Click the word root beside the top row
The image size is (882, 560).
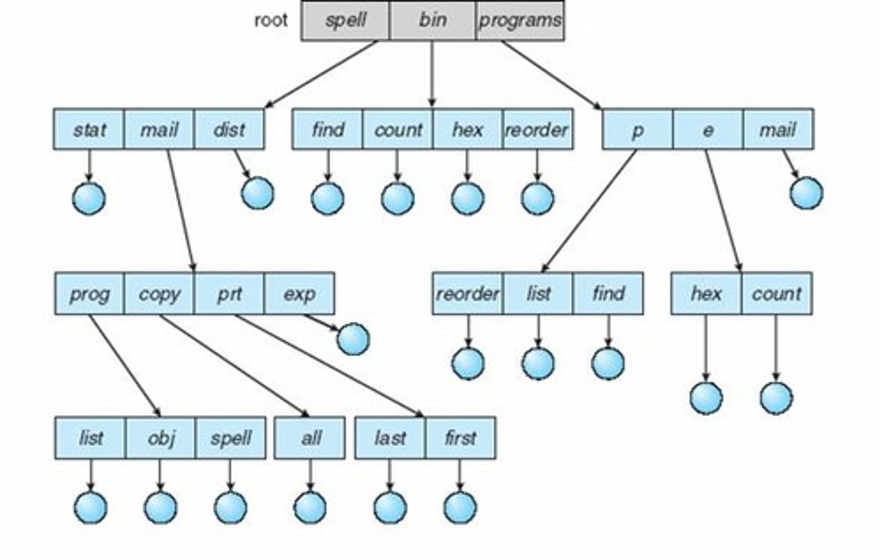pyautogui.click(x=271, y=20)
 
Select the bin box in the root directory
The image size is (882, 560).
pyautogui.click(x=432, y=20)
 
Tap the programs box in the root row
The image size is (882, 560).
pyautogui.click(x=520, y=20)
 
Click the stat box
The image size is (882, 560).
pyautogui.click(x=89, y=129)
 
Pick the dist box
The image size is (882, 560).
pyautogui.click(x=229, y=129)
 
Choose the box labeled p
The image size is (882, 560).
pyautogui.click(x=638, y=129)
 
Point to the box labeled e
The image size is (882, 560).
pyautogui.click(x=708, y=129)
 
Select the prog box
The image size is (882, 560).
pyautogui.click(x=90, y=294)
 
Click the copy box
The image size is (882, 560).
pyautogui.click(x=159, y=294)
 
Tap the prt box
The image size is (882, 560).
pyautogui.click(x=229, y=294)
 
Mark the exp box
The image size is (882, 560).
pyautogui.click(x=300, y=294)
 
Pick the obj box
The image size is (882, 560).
pyautogui.click(x=160, y=438)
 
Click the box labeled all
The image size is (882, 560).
pyautogui.click(x=310, y=438)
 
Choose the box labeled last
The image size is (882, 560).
pyautogui.click(x=390, y=438)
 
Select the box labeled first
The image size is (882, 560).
pyautogui.click(x=461, y=438)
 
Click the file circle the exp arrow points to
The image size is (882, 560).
pyautogui.click(x=353, y=339)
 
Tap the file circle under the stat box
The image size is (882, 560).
pyautogui.click(x=89, y=198)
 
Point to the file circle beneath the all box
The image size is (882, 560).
pyautogui.click(x=311, y=507)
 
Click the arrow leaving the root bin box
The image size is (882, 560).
pyautogui.click(x=432, y=74)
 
